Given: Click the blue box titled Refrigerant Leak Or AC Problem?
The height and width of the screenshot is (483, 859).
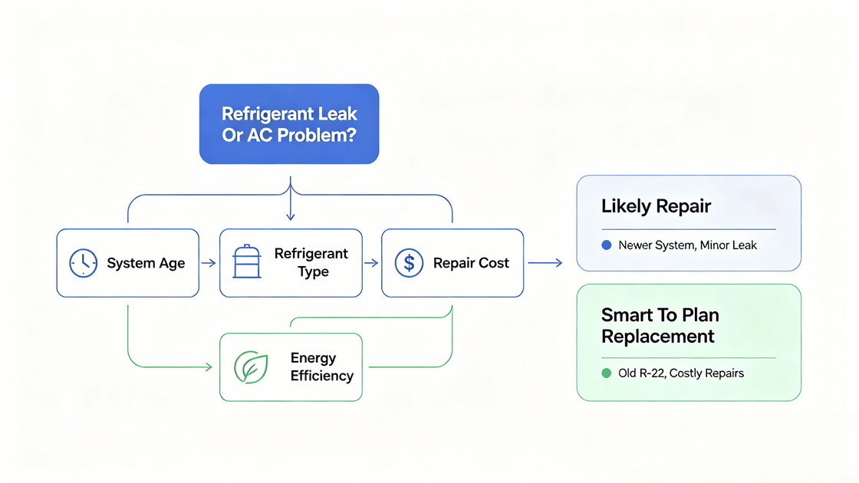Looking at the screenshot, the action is (289, 123).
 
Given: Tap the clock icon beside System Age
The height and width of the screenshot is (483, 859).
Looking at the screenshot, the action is (84, 263).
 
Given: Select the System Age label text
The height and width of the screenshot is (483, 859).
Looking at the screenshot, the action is (146, 263).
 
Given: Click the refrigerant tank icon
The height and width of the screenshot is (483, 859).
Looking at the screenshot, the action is (246, 261).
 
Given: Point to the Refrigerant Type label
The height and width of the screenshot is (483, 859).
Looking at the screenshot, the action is (311, 262).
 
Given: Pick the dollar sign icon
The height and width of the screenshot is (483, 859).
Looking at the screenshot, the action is (409, 263).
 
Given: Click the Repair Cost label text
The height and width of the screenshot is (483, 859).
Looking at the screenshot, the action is (471, 263).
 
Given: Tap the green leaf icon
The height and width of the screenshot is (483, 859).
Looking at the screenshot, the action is (251, 367).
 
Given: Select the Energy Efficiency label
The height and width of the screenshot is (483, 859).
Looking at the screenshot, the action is (322, 367).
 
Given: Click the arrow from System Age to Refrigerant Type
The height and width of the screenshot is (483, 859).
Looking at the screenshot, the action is (208, 263).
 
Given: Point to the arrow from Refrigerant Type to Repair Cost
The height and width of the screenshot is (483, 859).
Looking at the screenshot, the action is (371, 263).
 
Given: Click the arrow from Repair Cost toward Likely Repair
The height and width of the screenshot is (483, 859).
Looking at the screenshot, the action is (545, 263).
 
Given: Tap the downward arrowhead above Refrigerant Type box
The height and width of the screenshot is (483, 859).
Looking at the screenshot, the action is (291, 216).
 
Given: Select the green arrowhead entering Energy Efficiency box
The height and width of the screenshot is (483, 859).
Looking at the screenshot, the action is (209, 367).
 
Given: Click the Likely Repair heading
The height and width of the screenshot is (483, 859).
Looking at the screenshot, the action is (656, 206).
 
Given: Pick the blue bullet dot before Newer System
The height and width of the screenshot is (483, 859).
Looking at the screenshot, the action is (607, 245).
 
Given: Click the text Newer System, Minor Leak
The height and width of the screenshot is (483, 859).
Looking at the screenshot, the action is (687, 245).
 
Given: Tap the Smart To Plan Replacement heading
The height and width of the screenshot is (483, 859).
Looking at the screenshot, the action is (660, 325).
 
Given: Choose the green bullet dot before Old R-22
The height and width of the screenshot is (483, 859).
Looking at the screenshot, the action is (607, 373).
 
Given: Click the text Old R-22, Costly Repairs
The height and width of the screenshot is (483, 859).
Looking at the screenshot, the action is (681, 373).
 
